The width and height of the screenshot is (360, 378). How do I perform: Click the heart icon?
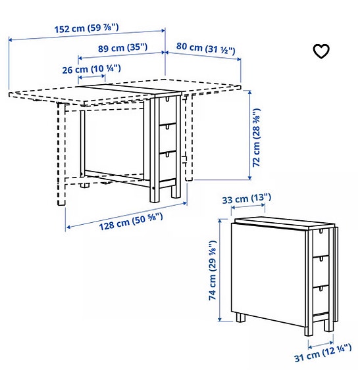(321, 51)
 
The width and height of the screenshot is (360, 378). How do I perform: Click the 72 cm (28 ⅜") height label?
(258, 135)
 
